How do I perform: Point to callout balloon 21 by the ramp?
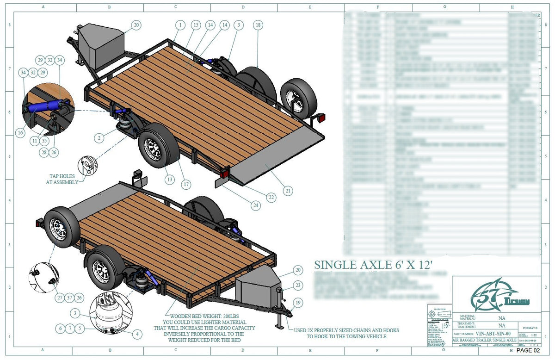pyautogui.click(x=288, y=190)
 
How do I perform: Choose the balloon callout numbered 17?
pyautogui.click(x=186, y=184)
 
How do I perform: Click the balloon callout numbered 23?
pyautogui.click(x=298, y=286)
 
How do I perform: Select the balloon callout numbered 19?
pyautogui.click(x=298, y=303)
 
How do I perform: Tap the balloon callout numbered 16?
pyautogui.click(x=20, y=133)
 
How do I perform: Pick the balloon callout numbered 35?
pyautogui.click(x=44, y=140)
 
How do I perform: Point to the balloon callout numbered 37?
pyautogui.click(x=69, y=298)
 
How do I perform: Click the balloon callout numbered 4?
pyautogui.click(x=136, y=333)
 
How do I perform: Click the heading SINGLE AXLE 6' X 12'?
pyautogui.click(x=373, y=265)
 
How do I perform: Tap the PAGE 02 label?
pyautogui.click(x=528, y=350)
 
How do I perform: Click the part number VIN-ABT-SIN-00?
pyautogui.click(x=494, y=333)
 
